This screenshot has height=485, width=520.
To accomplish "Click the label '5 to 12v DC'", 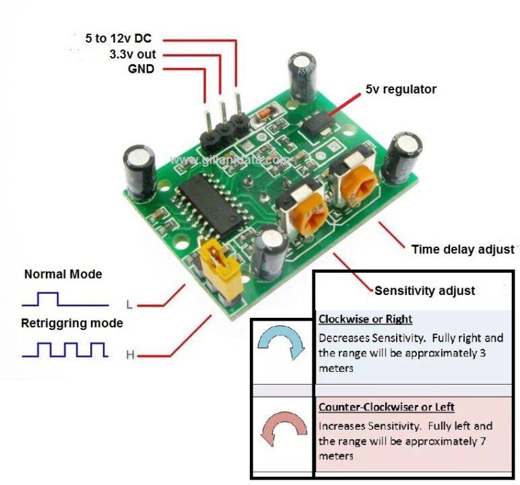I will pyautogui.click(x=119, y=39).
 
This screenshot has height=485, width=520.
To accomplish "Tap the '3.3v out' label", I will pyautogui.click(x=132, y=55).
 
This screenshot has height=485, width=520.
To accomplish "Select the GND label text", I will pyautogui.click(x=141, y=69).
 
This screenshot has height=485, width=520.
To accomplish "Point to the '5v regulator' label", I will pyautogui.click(x=401, y=89).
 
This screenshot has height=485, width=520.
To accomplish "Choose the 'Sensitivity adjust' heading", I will pyautogui.click(x=424, y=291).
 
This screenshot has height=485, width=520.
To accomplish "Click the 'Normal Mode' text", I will pyautogui.click(x=63, y=275).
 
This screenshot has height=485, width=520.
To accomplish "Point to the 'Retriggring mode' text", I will pyautogui.click(x=72, y=323).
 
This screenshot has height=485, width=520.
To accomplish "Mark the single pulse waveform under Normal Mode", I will pyautogui.click(x=64, y=298).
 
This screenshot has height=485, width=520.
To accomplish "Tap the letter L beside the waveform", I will pyautogui.click(x=129, y=303).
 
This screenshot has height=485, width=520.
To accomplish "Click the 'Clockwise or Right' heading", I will pyautogui.click(x=365, y=319).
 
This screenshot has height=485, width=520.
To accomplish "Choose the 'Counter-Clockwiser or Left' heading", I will pyautogui.click(x=386, y=408).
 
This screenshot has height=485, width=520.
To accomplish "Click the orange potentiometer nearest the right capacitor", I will pyautogui.click(x=355, y=184).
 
